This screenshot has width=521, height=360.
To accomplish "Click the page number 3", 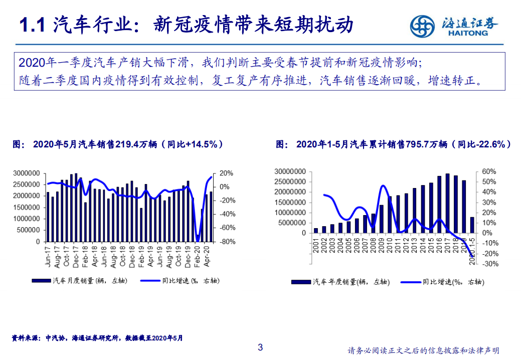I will point(260,347).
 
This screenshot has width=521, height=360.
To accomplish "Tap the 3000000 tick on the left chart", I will point(27,173).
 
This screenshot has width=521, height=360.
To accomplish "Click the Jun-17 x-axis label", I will point(48,255).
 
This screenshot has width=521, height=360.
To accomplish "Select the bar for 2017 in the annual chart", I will point(447,203).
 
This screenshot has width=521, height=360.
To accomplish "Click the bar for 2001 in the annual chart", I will point(316,231).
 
